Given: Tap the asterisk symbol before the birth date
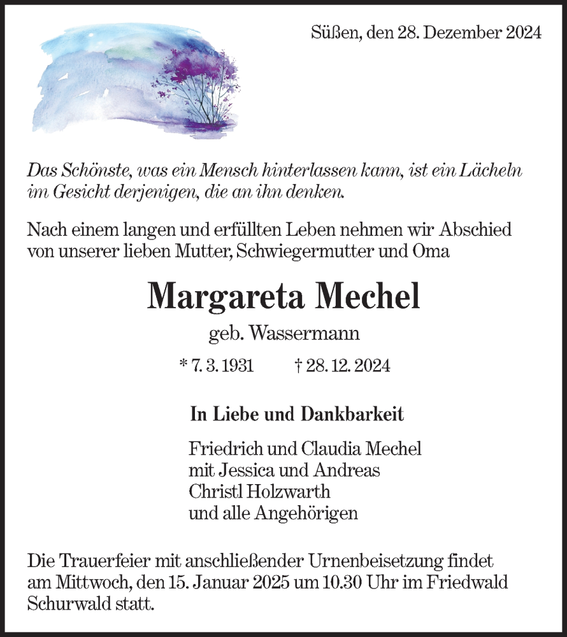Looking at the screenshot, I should (183, 364).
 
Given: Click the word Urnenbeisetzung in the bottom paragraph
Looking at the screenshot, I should (382, 562).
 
